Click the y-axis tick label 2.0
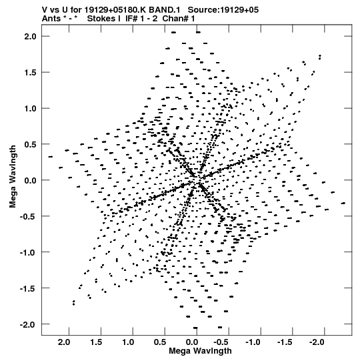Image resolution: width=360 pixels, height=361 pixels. (x=31, y=37)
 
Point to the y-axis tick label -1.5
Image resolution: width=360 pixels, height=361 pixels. (x=28, y=288)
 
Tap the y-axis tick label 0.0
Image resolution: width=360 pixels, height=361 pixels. (x=31, y=180)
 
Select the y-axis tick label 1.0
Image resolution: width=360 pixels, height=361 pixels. (x=31, y=109)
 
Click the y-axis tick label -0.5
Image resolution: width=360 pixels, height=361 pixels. (x=28, y=216)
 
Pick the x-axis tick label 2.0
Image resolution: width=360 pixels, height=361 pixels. (x=64, y=342)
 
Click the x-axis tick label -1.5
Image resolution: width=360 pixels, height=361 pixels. (x=285, y=342)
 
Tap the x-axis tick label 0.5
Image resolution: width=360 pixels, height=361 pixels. (x=160, y=342)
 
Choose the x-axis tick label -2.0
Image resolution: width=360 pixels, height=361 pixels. (x=317, y=342)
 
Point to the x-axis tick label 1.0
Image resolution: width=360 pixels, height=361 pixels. (x=128, y=342)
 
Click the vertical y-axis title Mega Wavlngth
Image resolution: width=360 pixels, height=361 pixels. (x=13, y=177)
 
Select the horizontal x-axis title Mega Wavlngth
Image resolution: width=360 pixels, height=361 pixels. (x=200, y=351)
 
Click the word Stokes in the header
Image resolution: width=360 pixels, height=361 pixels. (x=101, y=19)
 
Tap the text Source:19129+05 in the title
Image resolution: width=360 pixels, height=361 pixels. (x=223, y=10)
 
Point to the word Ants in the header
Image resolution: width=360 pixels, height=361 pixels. (x=51, y=19)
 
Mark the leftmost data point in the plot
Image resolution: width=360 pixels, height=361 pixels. (x=51, y=157)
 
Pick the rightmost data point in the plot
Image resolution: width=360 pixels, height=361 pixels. (x=343, y=203)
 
